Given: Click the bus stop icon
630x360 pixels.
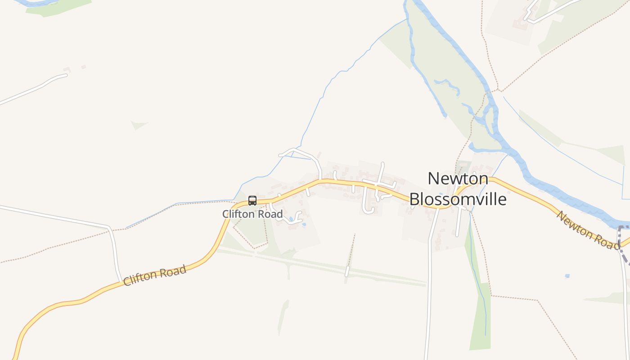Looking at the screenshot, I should click(x=252, y=201).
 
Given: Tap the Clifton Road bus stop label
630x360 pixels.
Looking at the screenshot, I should click(x=252, y=214).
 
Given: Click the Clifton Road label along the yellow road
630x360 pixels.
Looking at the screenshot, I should click(x=154, y=275).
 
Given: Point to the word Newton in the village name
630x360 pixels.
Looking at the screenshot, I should click(x=458, y=179).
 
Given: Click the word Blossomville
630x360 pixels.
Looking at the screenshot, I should click(x=458, y=199).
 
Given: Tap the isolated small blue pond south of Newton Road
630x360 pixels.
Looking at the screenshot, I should click(x=567, y=276).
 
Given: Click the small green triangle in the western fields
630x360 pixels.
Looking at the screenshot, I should click(x=139, y=125).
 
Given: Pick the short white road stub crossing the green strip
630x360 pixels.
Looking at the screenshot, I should click(x=347, y=271).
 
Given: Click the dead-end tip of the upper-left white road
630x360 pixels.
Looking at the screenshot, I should click(x=66, y=76).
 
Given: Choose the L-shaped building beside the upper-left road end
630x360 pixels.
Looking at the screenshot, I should click(x=67, y=70).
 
